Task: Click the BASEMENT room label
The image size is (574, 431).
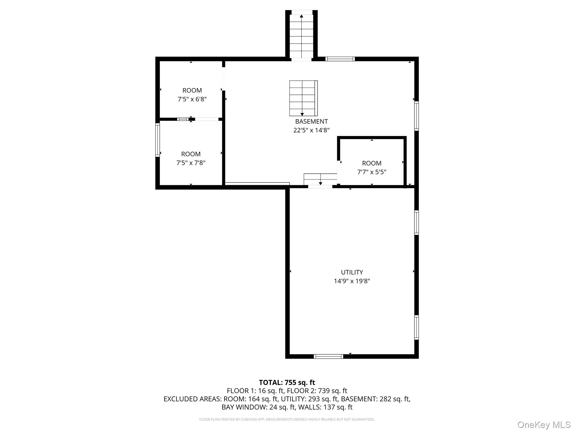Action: point(311,121)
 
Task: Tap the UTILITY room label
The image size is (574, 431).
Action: point(352,272)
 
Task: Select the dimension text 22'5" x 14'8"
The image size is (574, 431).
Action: point(311,130)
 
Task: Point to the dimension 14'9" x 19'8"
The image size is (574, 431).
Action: point(352,281)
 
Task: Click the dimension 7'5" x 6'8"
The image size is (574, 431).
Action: point(192,99)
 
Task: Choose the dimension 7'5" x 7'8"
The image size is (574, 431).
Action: point(191,163)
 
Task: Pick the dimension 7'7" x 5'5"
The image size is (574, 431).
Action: point(372,172)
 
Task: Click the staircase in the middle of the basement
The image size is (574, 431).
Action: point(303,98)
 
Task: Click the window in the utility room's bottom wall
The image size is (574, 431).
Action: point(328,356)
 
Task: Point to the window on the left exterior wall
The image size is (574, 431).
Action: point(158,140)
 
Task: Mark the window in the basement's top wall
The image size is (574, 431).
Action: point(340,59)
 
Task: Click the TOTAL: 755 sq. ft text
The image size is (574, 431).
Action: point(287,382)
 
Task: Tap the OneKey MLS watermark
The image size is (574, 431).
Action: point(544,425)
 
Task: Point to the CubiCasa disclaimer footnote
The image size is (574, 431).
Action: point(287,419)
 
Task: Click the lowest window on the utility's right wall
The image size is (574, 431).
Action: point(416,327)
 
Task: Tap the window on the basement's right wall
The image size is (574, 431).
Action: point(416,116)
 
